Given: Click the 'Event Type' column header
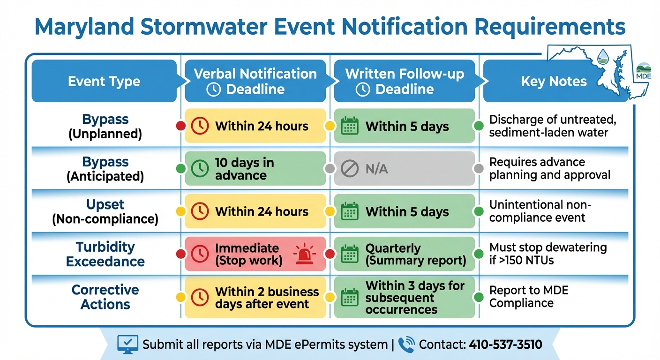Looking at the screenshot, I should tap(104, 82).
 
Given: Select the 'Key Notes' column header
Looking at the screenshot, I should tap(554, 82).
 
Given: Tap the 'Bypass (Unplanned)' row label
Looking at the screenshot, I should tap(105, 126).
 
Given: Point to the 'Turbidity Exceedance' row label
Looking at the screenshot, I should tap(105, 254).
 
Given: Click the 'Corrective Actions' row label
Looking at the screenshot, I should tap(105, 297).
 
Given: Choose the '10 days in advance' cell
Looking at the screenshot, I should tap(255, 169).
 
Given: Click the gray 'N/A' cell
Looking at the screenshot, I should tap(404, 169).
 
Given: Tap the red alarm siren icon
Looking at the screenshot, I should tap(305, 255).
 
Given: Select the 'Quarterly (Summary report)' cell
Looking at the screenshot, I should tap(404, 254).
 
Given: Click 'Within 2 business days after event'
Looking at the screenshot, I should tap(255, 297).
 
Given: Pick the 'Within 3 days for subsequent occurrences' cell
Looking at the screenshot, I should tap(404, 297).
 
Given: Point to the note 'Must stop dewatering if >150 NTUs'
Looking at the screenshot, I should tap(547, 254).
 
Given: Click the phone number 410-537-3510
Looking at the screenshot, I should tap(505, 345).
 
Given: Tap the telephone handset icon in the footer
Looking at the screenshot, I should tap(406, 345).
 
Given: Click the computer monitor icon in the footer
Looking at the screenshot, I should tap(127, 345).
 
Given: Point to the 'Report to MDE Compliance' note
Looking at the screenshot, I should tap(529, 297).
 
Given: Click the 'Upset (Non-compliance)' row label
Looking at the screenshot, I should tap(105, 211).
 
